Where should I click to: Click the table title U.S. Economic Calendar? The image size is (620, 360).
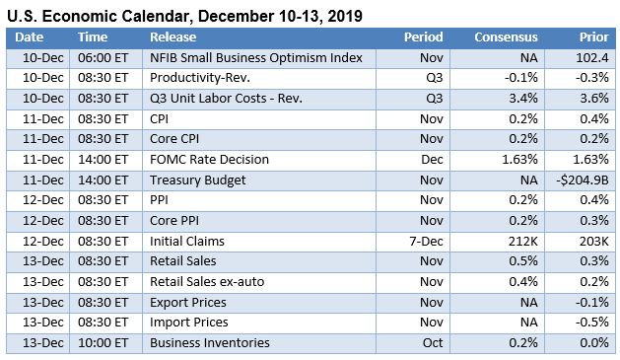tap(184, 16)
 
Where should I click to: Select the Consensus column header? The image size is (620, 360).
tap(506, 37)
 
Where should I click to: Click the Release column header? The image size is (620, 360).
tap(173, 37)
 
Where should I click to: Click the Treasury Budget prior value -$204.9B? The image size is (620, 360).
tap(580, 180)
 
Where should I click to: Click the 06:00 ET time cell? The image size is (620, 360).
tap(104, 58)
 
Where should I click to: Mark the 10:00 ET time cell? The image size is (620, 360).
tap(104, 342)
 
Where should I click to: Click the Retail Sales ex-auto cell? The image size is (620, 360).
tap(206, 282)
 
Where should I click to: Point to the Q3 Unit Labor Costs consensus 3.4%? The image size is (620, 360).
tap(521, 99)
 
